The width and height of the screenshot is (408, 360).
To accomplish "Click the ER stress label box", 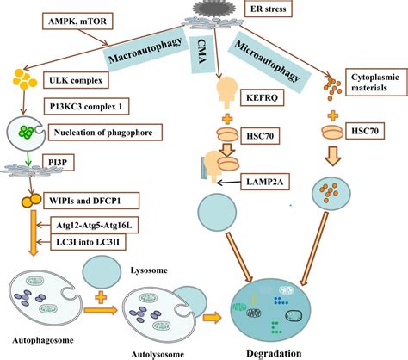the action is [269, 9].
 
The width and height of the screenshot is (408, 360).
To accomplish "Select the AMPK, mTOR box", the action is [77, 21].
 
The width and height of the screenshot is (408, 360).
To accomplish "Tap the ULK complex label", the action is [76, 80].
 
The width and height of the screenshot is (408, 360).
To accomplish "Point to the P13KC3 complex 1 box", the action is [86, 107].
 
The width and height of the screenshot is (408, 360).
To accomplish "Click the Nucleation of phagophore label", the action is [105, 133].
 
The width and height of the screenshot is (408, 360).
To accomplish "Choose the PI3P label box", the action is [58, 163].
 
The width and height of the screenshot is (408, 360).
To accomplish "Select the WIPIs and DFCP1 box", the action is [90, 201].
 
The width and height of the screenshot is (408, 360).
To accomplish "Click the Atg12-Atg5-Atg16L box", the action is [94, 225].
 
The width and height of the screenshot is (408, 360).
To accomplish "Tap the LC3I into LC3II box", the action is [88, 242].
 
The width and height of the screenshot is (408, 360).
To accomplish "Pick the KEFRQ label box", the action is [262, 98].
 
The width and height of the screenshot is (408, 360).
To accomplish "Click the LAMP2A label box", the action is [265, 182].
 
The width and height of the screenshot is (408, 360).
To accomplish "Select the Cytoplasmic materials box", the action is [376, 82].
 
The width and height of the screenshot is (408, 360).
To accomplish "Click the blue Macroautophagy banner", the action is [145, 49].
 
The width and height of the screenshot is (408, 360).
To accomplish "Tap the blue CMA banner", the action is [202, 53].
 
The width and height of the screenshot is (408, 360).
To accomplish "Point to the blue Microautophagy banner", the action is [269, 62].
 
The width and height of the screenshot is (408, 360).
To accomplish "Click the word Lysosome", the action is [149, 270].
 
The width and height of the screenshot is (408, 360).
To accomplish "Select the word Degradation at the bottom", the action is [274, 353].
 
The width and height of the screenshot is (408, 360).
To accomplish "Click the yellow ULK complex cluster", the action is [25, 79].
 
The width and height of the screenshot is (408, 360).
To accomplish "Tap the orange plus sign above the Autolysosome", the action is [101, 297].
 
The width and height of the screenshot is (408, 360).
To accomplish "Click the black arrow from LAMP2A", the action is [228, 183].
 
